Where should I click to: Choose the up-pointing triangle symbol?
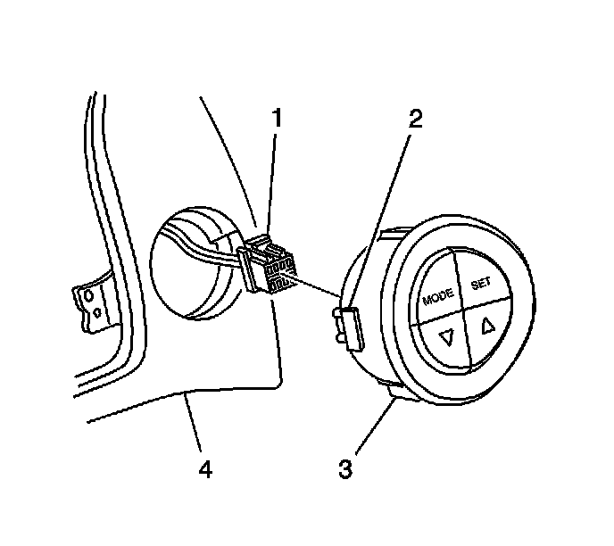[x=487, y=325]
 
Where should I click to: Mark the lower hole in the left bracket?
[x=96, y=313]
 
